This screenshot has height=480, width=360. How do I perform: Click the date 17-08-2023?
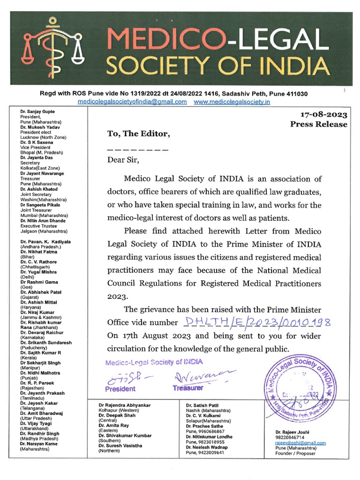[x=323, y=114]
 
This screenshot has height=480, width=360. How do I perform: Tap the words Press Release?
[x=319, y=124]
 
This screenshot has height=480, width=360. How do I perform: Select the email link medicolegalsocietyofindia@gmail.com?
[x=132, y=102]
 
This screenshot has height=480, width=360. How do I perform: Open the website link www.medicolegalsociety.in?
[x=232, y=102]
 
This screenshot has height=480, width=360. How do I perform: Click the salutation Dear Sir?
[x=123, y=159]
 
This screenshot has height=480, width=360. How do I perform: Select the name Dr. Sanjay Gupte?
[x=37, y=112]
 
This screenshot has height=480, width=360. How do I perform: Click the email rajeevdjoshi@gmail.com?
[x=300, y=442]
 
